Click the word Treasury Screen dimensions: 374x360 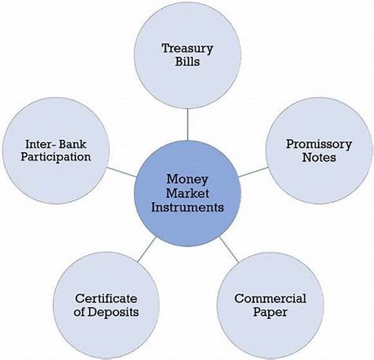[187, 49]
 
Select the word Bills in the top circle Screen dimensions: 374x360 [188, 61]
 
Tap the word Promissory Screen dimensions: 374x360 [319, 145]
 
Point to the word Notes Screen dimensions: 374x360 [319, 157]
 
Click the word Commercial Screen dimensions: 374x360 [271, 298]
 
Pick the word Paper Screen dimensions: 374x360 [270, 312]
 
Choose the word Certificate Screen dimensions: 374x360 [106, 298]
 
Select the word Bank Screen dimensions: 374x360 [72, 144]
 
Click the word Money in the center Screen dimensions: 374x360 [187, 180]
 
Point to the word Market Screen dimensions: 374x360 [187, 193]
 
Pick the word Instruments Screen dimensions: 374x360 [188, 207]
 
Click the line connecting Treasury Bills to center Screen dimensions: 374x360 [188, 125]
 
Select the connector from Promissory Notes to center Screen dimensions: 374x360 [253, 172]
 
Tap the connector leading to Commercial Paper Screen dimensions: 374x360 [229, 250]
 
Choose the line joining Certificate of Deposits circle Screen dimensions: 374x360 [147, 249]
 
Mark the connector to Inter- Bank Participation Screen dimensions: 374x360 [121, 172]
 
